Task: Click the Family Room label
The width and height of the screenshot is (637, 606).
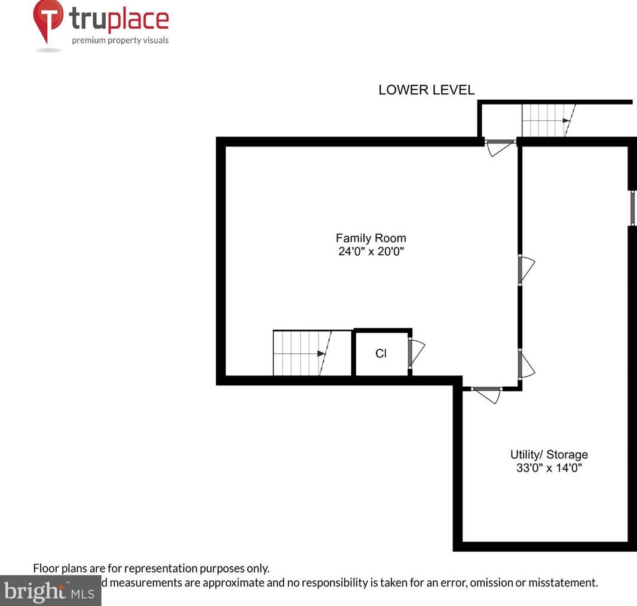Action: (370, 238)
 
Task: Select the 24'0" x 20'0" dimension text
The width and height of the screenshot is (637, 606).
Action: (370, 252)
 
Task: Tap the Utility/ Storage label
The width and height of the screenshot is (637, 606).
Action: (549, 455)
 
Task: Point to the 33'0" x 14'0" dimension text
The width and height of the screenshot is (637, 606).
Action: (549, 468)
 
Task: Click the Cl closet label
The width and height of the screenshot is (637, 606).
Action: (381, 353)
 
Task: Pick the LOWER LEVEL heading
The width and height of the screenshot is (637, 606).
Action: (426, 90)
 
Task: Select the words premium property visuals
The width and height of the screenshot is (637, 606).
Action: (120, 41)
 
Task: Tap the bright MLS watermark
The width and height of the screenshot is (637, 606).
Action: (50, 592)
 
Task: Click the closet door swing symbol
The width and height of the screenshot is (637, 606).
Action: (416, 352)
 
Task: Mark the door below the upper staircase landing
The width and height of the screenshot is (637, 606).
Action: (500, 146)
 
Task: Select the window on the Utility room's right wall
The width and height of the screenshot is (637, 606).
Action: (632, 208)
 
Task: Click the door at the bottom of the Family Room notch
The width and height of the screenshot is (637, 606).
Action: (487, 393)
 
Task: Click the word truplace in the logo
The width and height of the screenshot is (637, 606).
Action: (120, 19)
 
